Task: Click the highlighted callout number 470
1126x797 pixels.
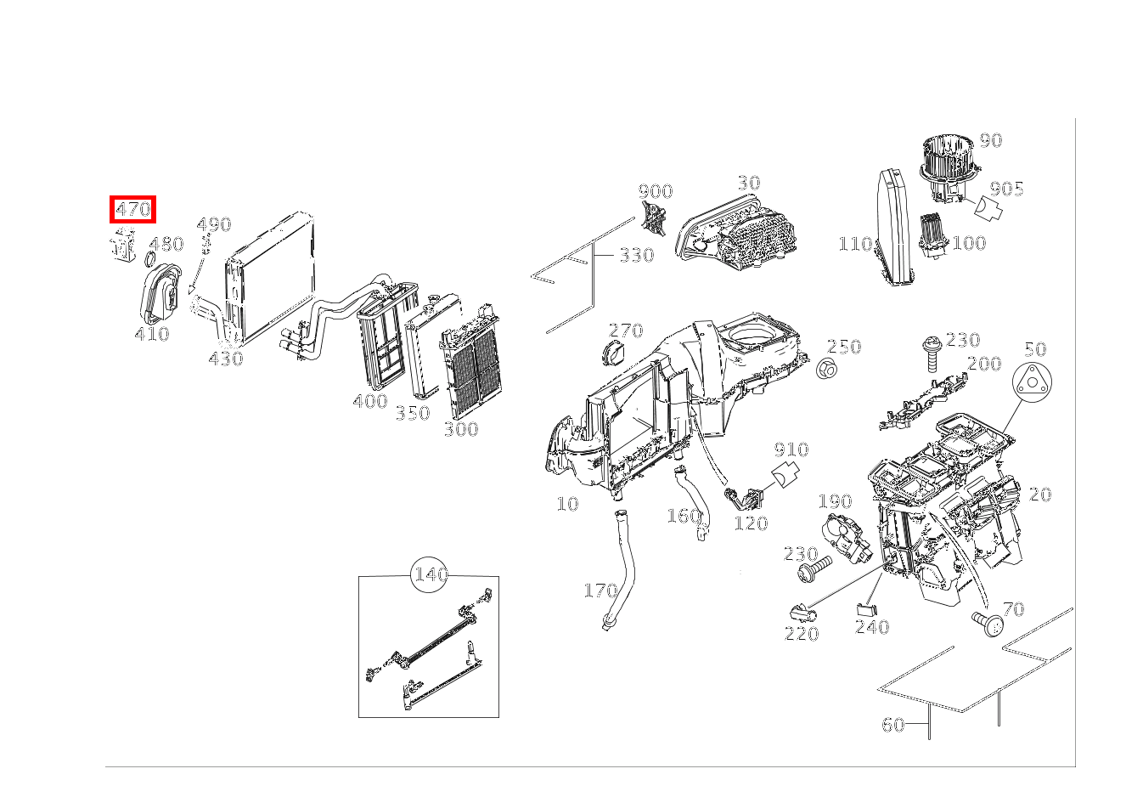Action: point(132,209)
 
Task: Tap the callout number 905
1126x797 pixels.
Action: point(1007,189)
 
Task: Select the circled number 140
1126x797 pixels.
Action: point(430,575)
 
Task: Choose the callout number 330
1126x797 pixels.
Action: point(636,255)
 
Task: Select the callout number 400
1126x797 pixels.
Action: point(370,401)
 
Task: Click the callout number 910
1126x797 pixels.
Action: point(791,449)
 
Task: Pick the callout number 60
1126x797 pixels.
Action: point(892,725)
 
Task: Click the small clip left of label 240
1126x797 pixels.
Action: point(863,608)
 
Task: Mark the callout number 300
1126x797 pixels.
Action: point(461,430)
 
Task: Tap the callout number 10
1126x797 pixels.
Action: point(567,504)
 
